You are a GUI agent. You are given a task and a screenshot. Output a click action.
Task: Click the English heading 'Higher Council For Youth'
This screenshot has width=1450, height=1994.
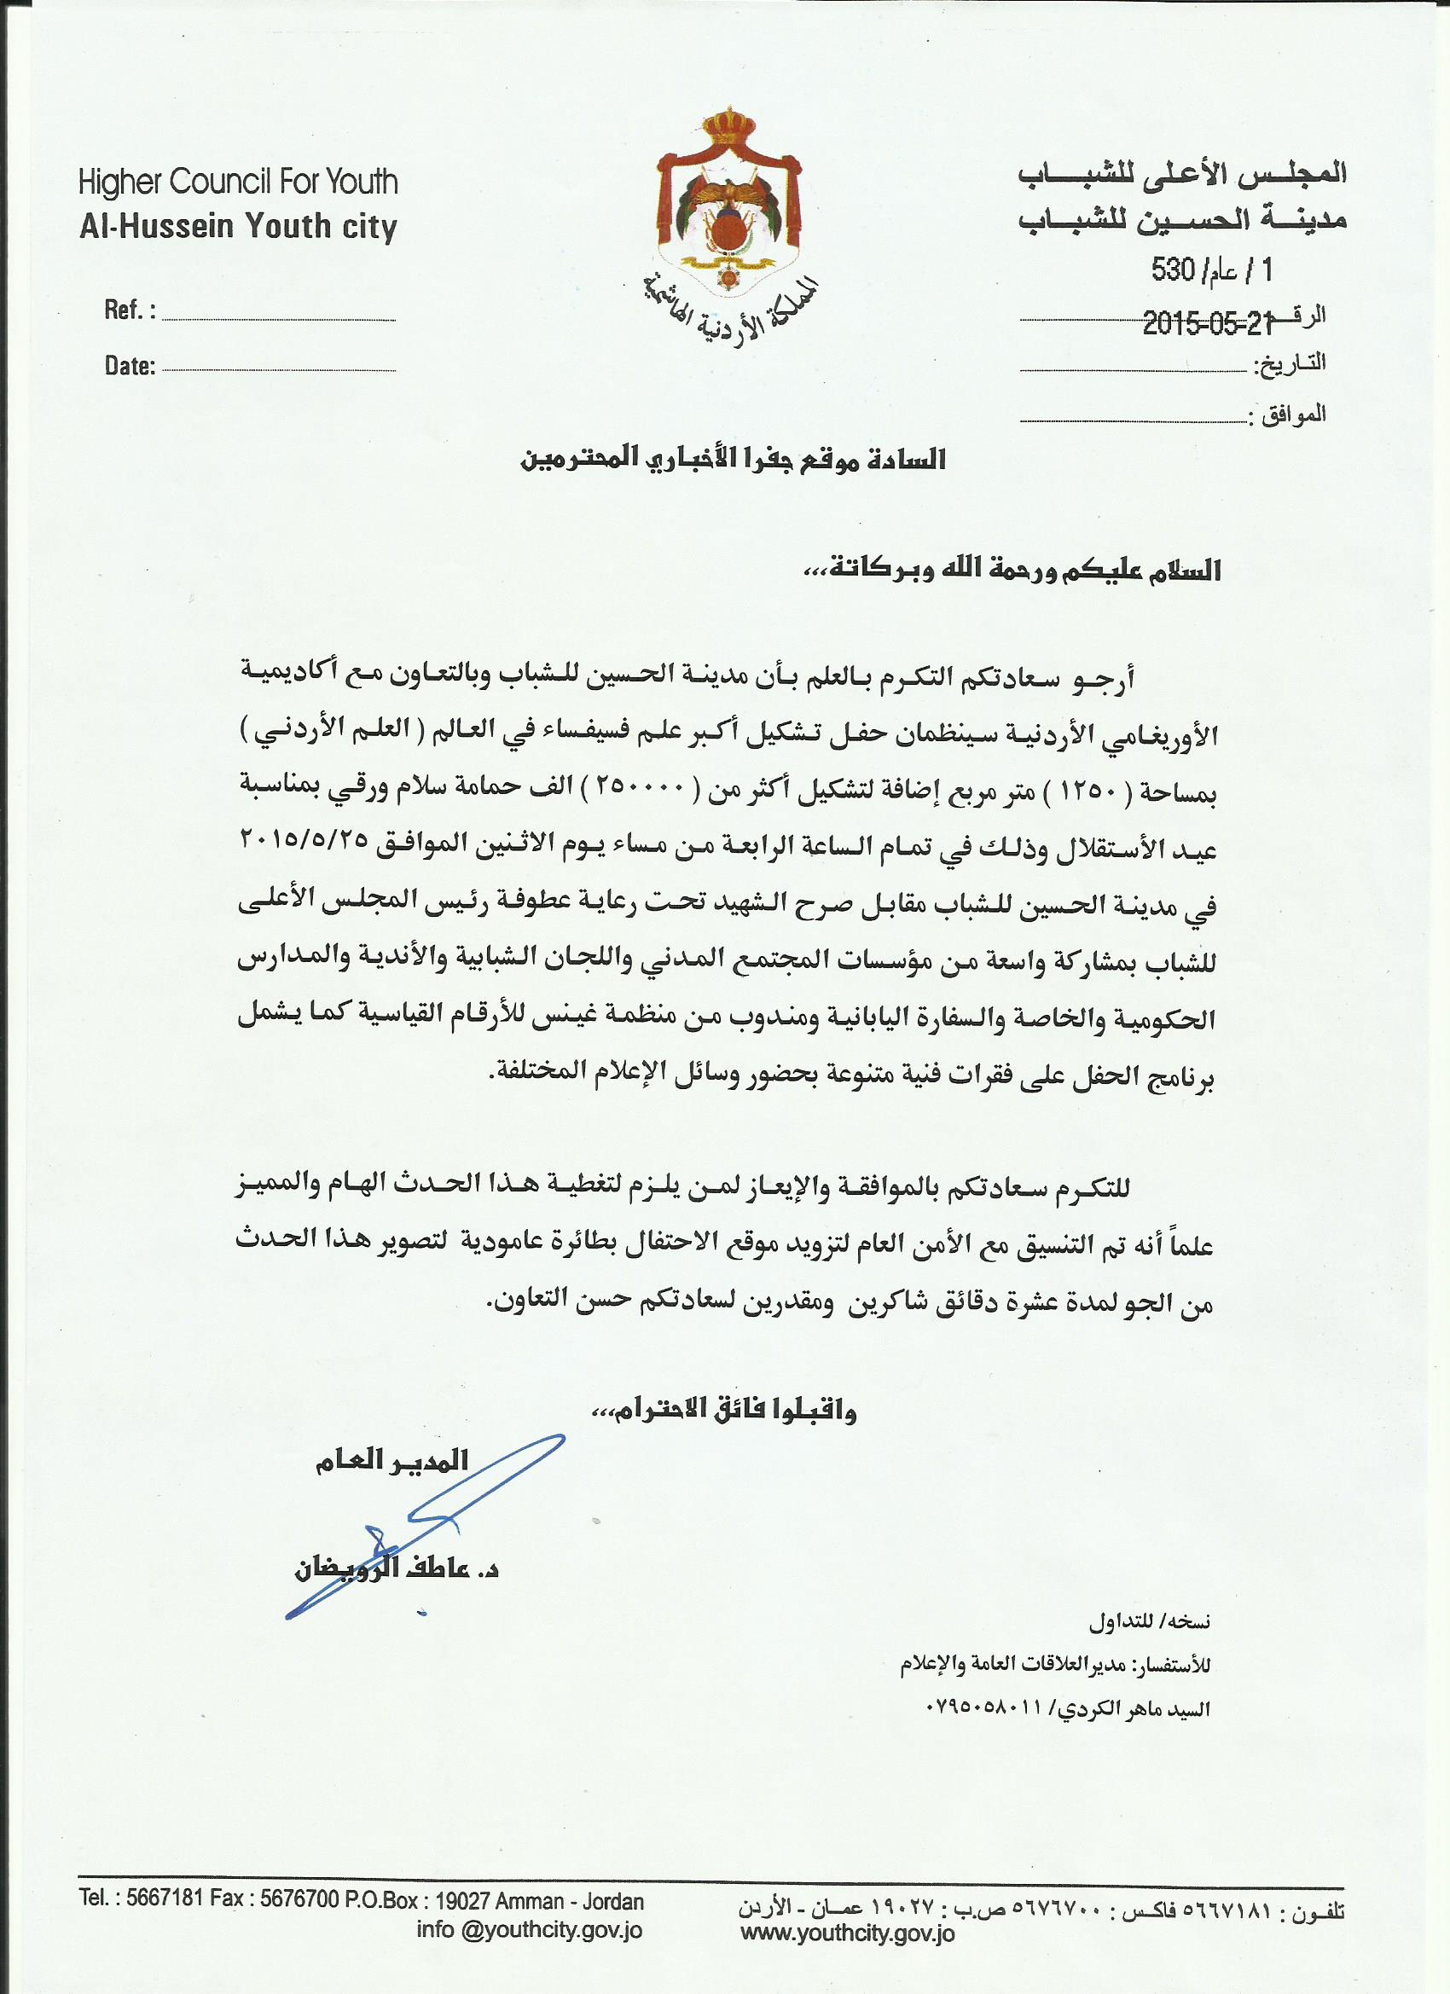237,183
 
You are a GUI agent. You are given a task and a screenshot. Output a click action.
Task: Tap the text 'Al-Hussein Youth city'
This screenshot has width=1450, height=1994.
237,227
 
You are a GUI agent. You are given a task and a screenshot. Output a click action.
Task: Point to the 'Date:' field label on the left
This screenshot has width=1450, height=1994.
130,367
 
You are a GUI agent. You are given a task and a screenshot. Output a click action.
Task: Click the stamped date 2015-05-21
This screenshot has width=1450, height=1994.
1207,325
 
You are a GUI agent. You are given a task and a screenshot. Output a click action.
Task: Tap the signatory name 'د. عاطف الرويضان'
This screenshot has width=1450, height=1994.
396,1570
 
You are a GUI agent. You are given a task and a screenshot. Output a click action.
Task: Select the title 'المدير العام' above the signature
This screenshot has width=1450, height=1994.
392,1461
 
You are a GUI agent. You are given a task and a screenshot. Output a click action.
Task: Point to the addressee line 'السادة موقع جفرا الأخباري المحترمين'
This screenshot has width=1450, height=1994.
734,460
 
